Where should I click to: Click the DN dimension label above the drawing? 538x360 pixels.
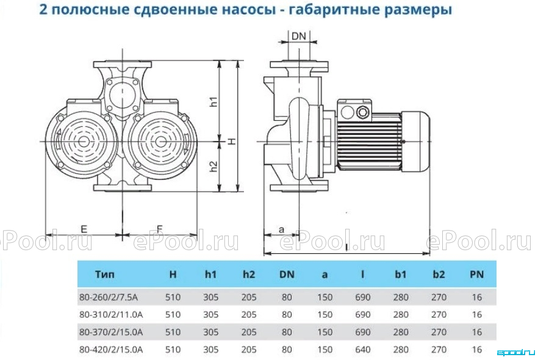[x=298, y=35]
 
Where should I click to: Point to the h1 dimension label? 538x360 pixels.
[x=213, y=101]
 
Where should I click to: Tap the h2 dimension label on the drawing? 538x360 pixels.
[x=213, y=166]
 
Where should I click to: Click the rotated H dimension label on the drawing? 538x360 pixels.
[x=232, y=141]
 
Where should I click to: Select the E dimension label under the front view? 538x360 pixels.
[x=84, y=229]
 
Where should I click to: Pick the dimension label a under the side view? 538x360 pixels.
[x=281, y=229]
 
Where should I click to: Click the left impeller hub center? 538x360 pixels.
[x=82, y=142]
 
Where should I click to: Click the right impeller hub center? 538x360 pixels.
[x=159, y=142]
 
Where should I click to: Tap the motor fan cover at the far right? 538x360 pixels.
[x=416, y=141]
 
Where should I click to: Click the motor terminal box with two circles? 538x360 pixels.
[x=354, y=111]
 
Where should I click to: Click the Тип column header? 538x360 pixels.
[x=105, y=274]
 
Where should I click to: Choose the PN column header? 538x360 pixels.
[x=476, y=274]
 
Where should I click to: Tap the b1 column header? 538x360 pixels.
[x=400, y=274]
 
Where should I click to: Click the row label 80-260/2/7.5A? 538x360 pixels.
[x=109, y=297]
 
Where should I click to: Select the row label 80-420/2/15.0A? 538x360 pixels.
[x=111, y=350]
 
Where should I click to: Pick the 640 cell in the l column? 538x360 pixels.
[x=363, y=350]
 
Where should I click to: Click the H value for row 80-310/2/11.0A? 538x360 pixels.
[x=173, y=314]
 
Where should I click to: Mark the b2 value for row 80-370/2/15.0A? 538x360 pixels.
[x=439, y=332]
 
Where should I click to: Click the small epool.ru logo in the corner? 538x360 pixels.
[x=516, y=352]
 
